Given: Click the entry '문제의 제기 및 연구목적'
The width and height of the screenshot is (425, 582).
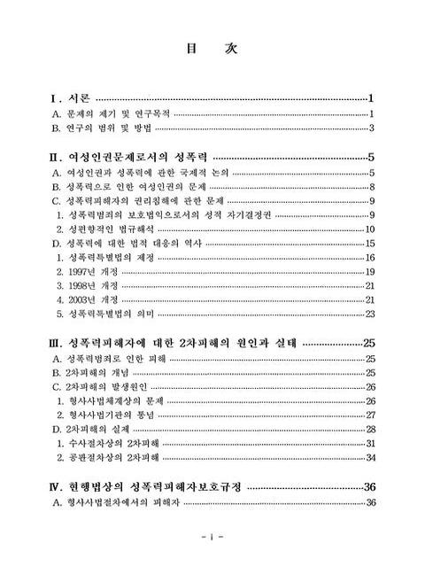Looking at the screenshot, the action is point(112,114).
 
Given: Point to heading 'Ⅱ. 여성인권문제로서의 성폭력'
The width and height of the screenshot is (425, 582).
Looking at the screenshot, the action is point(132,158).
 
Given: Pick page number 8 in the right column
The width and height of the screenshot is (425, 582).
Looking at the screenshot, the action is point(374,186).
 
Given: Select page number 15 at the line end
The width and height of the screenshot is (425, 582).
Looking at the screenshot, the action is point(372,243).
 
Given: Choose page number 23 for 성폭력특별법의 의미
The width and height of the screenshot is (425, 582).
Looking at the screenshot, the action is point(371,314).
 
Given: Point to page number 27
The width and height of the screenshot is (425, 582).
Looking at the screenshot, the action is point(371,415).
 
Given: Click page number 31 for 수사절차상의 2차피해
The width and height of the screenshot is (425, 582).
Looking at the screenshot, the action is point(371,443).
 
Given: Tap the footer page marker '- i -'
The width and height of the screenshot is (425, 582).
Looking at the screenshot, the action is point(212,538).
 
